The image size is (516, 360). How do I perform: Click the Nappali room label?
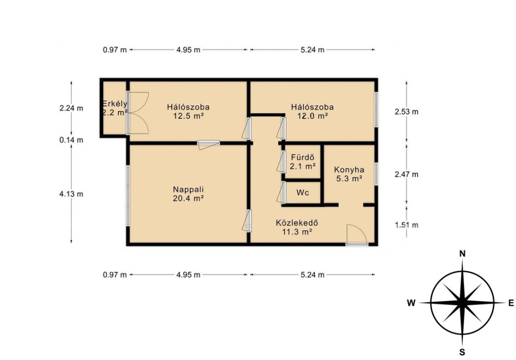(188, 190)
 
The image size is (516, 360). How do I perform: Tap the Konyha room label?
(349, 170)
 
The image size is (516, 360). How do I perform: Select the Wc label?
(302, 193)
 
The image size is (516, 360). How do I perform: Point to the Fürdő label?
(302, 158)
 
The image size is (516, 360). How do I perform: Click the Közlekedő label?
(297, 223)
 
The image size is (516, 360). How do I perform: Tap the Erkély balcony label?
(114, 104)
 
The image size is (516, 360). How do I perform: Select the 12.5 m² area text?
(188, 116)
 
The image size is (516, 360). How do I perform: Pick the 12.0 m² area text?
(312, 116)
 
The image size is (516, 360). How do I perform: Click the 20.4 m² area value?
(188, 198)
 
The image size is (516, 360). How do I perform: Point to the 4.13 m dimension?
(71, 194)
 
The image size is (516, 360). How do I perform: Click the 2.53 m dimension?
(407, 112)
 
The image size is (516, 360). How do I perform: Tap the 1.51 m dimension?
(407, 225)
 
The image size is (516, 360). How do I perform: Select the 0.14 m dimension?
(71, 140)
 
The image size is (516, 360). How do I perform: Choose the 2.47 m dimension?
(407, 174)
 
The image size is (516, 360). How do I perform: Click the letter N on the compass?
(463, 253)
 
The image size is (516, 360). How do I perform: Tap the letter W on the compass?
(411, 303)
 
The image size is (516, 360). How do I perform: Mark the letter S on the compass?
(463, 352)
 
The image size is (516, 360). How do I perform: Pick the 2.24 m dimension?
(71, 108)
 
